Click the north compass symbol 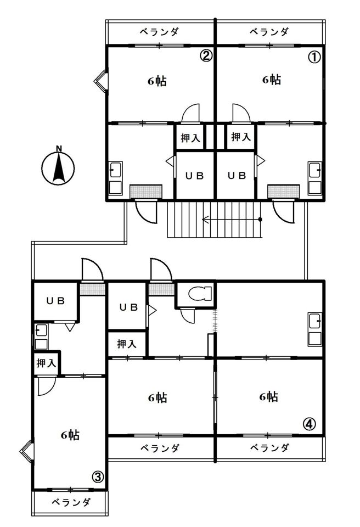58,167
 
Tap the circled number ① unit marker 314,57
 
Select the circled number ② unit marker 206,55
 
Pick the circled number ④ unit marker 310,423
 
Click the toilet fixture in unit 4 200,293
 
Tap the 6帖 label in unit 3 70,435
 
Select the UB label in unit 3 55,301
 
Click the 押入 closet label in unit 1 241,137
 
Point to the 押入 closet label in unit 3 47,363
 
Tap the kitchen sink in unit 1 315,178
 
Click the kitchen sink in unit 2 116,178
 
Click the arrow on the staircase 232,220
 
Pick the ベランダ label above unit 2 159,32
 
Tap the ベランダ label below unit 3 71,502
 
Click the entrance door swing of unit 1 284,212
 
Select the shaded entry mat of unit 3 92,289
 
